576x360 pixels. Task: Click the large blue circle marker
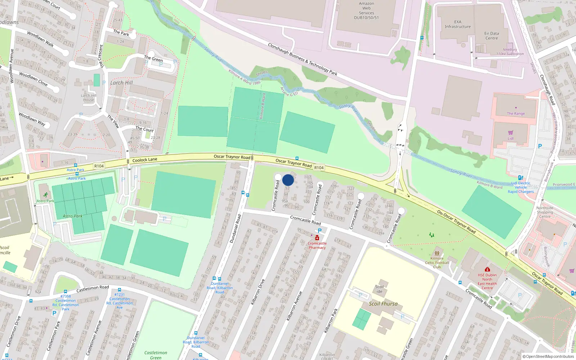click(x=288, y=180)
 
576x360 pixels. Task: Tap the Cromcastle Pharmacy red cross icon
click(x=317, y=238)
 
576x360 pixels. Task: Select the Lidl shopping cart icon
click(x=510, y=132)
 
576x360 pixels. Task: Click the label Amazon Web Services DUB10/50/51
click(x=366, y=10)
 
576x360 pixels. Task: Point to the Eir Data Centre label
click(x=491, y=36)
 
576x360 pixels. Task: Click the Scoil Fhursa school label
click(x=383, y=304)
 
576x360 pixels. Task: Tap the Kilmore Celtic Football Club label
click(x=437, y=263)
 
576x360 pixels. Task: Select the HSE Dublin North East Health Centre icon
click(x=487, y=269)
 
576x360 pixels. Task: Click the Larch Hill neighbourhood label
click(x=121, y=83)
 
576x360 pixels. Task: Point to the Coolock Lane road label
click(x=145, y=160)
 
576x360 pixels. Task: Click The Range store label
click(x=516, y=113)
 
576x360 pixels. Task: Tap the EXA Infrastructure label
click(x=457, y=24)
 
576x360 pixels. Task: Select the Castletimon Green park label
click(x=156, y=355)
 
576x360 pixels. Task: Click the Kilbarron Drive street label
click(x=258, y=292)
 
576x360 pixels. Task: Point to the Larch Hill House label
click(x=89, y=98)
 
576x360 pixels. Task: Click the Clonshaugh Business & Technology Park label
click(x=302, y=59)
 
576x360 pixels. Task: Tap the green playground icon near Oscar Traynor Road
click(x=431, y=235)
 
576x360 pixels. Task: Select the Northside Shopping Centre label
click(x=545, y=212)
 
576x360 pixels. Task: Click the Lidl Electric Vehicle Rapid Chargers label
click(x=521, y=187)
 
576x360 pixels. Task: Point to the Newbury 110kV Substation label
click(x=510, y=52)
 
